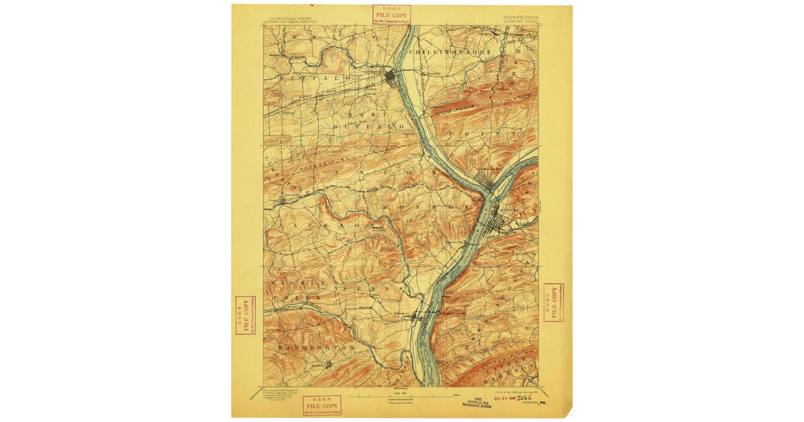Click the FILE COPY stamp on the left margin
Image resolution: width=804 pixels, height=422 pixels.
click(245, 315)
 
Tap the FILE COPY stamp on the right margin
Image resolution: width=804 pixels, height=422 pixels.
click(553, 303)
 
